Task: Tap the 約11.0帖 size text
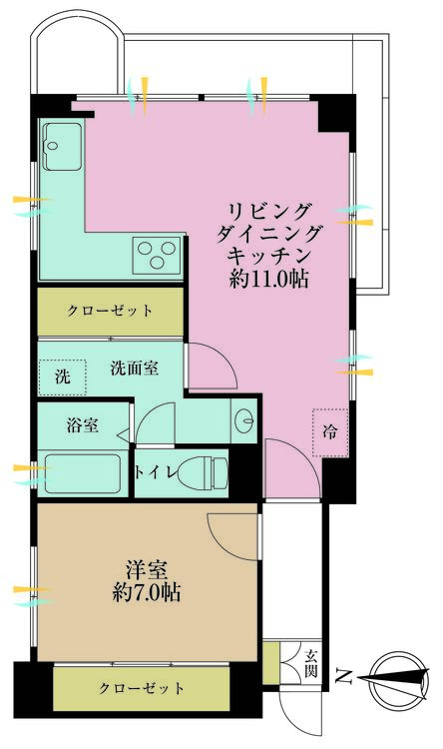point(268,281)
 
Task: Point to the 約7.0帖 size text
point(146,593)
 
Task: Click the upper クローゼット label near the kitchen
point(111,311)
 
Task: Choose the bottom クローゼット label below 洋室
point(141,688)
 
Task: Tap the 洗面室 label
point(134,368)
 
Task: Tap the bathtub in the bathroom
point(84,473)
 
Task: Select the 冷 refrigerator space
point(328,431)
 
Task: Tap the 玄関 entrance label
point(311,663)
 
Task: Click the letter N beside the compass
point(342,680)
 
